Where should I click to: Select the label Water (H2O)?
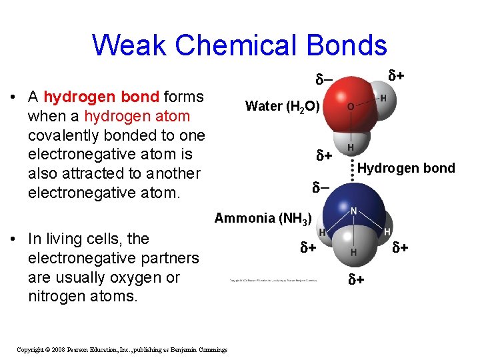coord(283,106)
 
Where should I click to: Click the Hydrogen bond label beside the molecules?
coord(406,168)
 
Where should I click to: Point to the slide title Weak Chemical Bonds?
coord(239,45)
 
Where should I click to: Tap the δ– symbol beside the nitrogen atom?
coord(321,189)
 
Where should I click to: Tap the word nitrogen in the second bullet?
coord(57,295)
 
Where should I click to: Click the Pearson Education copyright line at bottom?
coord(122,349)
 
